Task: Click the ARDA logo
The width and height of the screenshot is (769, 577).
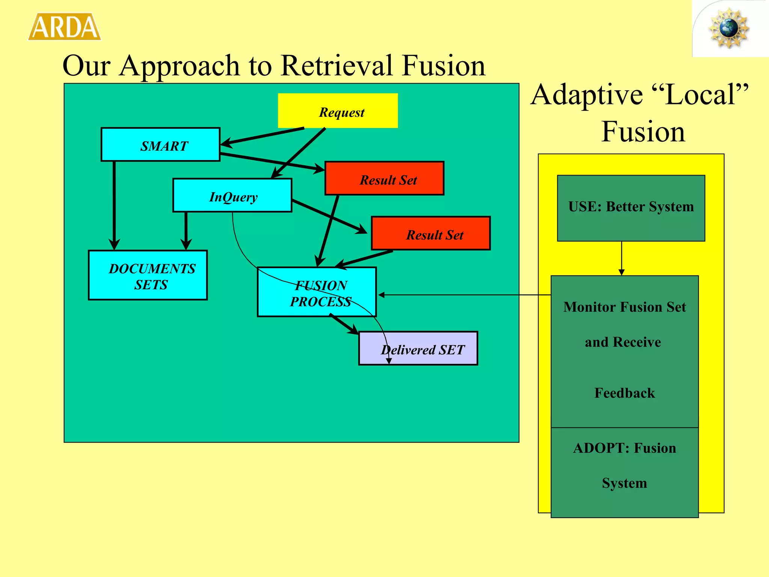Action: pos(65,27)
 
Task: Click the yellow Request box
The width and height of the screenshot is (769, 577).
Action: pos(338,111)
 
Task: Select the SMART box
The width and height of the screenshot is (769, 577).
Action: pos(161,145)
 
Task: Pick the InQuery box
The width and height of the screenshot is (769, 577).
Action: pos(232,195)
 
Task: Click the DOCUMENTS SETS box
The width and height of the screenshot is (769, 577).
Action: pos(148,275)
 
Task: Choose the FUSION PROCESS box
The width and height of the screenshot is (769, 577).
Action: pos(317,292)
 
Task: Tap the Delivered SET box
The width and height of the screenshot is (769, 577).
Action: pos(418,348)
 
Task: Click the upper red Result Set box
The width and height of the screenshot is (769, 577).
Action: pos(384,178)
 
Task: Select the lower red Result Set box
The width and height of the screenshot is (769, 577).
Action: pos(431,233)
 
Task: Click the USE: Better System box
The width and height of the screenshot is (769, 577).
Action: pos(631,208)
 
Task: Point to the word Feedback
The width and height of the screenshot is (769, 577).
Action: pos(624,393)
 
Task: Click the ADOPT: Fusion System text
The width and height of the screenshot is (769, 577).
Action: pos(624,465)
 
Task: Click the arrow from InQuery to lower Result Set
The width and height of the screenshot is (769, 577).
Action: pos(329,216)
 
